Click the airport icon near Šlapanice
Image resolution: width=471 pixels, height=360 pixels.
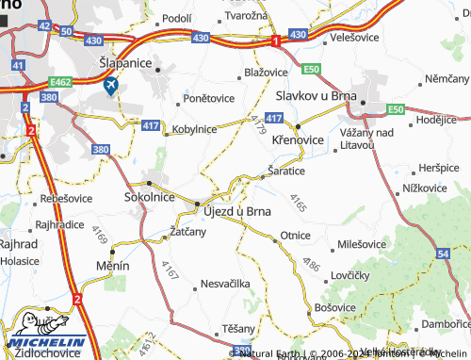(x=111, y=85)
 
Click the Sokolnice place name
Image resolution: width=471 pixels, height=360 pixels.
(x=150, y=198)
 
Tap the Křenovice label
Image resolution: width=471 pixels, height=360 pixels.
(x=298, y=139)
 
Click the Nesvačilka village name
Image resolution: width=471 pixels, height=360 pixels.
(x=223, y=283)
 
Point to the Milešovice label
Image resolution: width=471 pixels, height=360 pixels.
(x=361, y=243)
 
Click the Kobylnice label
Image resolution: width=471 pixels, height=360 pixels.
(x=194, y=129)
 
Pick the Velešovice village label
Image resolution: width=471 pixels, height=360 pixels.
(x=355, y=39)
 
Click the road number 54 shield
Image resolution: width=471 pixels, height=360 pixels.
(x=443, y=254)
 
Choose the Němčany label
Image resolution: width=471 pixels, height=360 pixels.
(x=447, y=77)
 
